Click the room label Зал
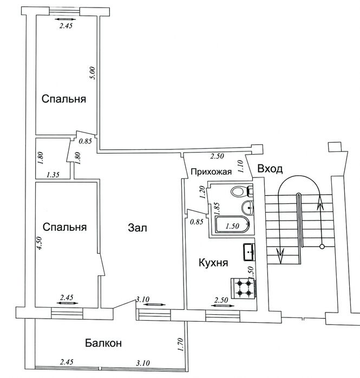[x=138, y=228]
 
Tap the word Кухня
[x=213, y=262]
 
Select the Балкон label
[x=103, y=343]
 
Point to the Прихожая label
[x=211, y=171]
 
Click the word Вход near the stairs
[x=270, y=169]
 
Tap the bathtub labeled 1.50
[x=232, y=224]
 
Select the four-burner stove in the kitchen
[x=244, y=288]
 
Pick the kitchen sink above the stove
[x=249, y=252]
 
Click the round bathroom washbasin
[x=247, y=207]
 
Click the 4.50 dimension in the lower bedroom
[x=40, y=243]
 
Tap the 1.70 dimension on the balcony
[x=180, y=344]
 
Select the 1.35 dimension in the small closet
[x=53, y=175]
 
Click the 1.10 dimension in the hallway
[x=240, y=167]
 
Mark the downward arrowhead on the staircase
[x=280, y=256]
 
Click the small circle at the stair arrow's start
[x=322, y=247]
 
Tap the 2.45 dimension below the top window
[x=66, y=26]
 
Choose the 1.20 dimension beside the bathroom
[x=202, y=192]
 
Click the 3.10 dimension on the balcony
[x=143, y=363]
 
